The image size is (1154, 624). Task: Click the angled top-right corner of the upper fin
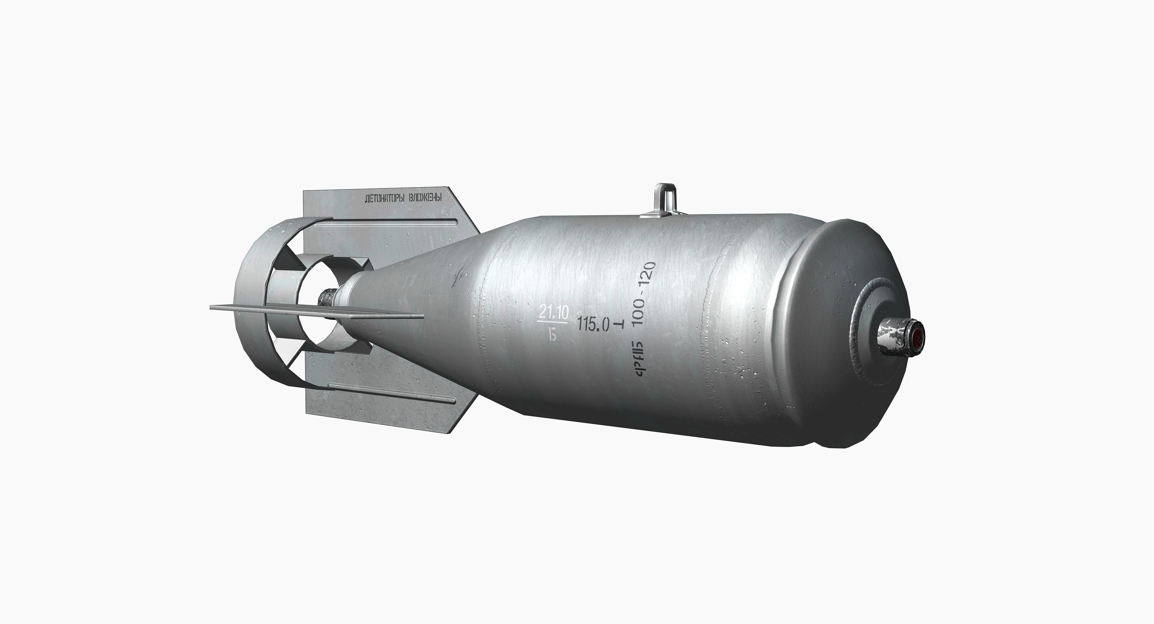[466, 210]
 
